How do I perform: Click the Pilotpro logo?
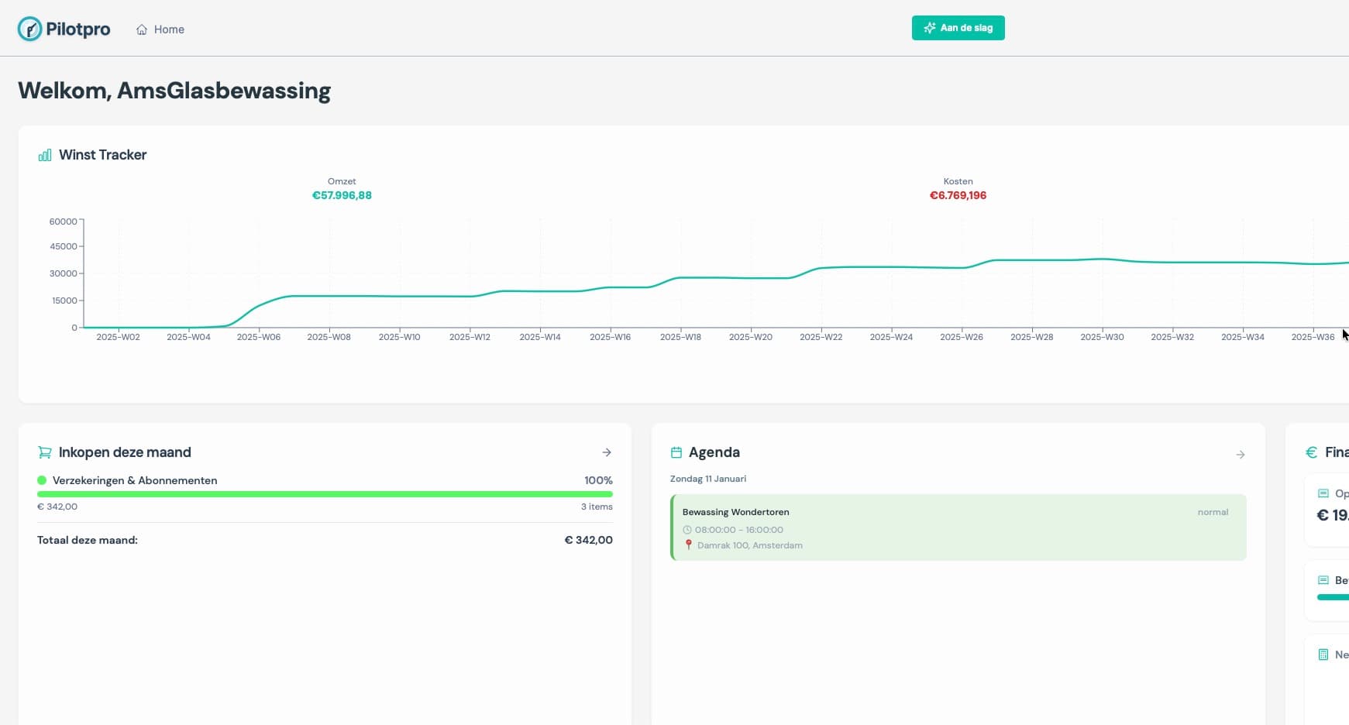64,29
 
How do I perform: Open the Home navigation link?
160,29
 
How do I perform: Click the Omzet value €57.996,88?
342,195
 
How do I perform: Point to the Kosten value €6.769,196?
958,195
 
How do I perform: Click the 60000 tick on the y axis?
63,222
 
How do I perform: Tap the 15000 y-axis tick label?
64,301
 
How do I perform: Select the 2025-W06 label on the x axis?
259,337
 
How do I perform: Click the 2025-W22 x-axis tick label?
821,337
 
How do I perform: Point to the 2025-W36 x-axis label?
1313,337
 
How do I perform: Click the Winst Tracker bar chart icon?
45,155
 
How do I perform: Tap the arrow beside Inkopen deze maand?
607,452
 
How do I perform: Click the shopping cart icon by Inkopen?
45,452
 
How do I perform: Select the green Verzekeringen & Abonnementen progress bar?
325,494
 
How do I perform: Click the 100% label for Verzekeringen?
598,480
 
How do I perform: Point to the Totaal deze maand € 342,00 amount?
588,540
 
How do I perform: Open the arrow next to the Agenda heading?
1240,455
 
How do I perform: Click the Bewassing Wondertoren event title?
735,512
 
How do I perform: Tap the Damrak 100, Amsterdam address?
749,545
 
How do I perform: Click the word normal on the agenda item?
1213,512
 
